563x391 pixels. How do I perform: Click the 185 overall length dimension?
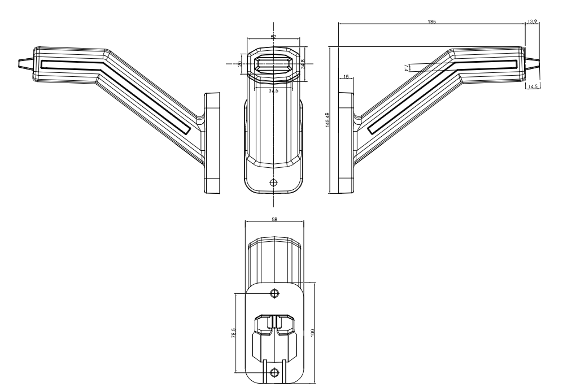(432, 21)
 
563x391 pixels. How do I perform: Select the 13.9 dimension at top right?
(531, 21)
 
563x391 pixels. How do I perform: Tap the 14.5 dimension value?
(533, 86)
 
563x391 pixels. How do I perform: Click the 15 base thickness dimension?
(345, 76)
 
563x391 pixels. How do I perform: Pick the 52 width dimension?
(274, 37)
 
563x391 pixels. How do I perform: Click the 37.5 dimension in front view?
(273, 90)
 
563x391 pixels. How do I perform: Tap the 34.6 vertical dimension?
(303, 64)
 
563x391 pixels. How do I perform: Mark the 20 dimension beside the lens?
(239, 64)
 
